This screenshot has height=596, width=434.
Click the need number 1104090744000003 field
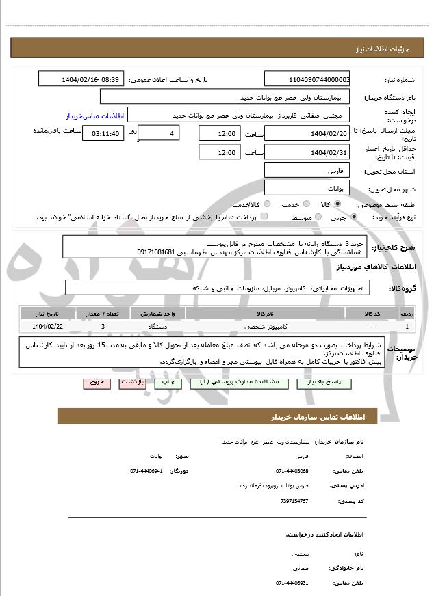click(307, 79)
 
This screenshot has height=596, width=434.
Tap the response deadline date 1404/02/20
click(307, 133)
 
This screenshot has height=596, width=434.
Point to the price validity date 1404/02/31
click(307, 152)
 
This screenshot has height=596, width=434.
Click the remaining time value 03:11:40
click(103, 133)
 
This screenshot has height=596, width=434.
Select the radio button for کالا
click(337, 204)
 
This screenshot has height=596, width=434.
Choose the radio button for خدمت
click(305, 204)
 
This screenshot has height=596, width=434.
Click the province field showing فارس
click(307, 170)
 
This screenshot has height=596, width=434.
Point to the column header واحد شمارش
click(162, 314)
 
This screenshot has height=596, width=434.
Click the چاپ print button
click(167, 383)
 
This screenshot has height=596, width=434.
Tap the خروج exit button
click(96, 383)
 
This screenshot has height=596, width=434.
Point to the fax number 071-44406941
click(146, 471)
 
